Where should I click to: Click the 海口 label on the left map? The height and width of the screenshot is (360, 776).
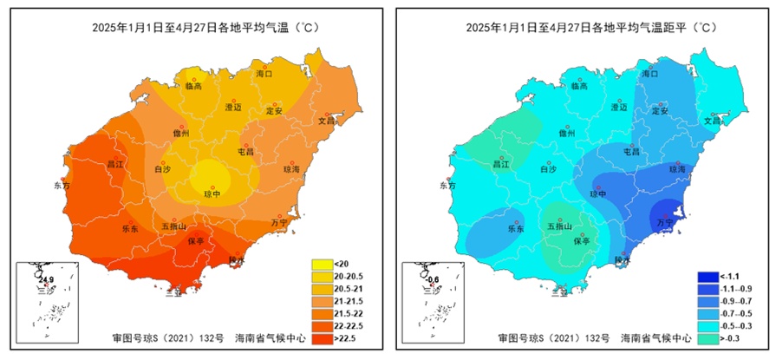264,75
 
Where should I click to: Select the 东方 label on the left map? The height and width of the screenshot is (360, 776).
61,186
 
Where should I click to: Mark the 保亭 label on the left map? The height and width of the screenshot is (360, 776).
195,241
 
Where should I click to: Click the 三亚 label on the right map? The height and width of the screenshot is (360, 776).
562,292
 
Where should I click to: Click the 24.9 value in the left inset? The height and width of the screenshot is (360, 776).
45,279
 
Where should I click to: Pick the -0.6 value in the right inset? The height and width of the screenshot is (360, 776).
431,279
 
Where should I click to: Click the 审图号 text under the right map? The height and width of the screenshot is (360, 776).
514,337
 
